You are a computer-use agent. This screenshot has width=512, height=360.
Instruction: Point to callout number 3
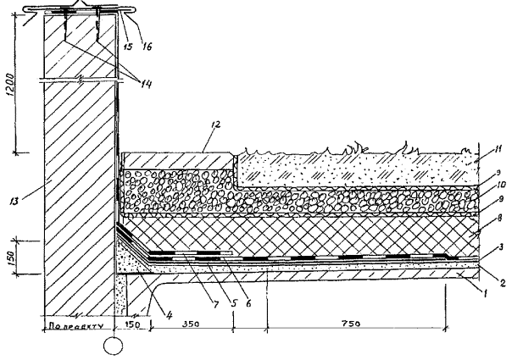[482, 246]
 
